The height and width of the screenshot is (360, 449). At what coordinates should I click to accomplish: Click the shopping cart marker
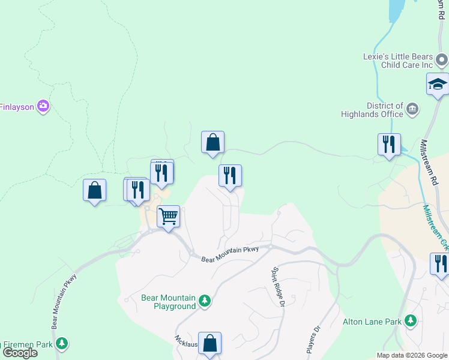(x=169, y=216)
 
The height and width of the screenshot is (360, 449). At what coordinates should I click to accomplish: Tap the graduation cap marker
(x=438, y=84)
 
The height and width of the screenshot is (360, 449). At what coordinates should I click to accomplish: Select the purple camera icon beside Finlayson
(x=43, y=107)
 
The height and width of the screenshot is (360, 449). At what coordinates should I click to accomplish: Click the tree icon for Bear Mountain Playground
(x=205, y=300)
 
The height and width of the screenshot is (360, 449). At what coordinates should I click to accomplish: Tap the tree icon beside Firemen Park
(x=61, y=343)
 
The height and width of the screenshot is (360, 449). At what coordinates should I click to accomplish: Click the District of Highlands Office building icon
(x=412, y=109)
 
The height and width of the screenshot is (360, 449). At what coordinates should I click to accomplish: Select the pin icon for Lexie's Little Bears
(x=442, y=59)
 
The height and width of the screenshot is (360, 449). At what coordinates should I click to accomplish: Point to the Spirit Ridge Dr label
(x=278, y=287)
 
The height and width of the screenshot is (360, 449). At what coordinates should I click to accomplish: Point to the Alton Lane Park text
(x=372, y=322)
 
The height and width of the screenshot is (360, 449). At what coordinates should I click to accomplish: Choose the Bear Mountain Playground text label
(x=169, y=302)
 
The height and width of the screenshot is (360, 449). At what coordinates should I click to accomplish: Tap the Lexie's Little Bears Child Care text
(x=398, y=61)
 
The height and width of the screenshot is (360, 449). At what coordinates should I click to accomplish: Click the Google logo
(x=19, y=353)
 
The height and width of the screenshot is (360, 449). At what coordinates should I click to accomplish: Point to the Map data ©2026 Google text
(x=411, y=355)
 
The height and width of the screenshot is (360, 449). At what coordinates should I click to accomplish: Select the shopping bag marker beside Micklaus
(x=209, y=344)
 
